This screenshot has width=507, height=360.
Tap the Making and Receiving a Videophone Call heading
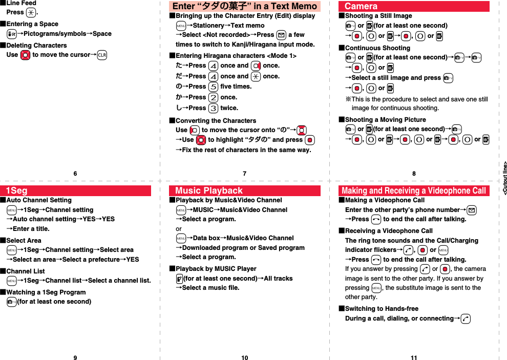click(413, 190)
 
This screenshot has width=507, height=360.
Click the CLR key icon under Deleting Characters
click(101, 55)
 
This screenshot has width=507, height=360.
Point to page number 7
click(245, 174)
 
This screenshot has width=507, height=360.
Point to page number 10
click(245, 357)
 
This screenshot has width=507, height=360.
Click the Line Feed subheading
click(21, 3)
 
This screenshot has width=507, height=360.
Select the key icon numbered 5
click(213, 87)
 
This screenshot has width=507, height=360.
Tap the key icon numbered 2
click(213, 97)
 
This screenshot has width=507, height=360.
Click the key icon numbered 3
click(213, 108)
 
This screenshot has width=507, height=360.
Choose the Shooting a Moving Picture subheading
click(385, 119)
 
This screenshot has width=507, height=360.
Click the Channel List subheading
click(25, 271)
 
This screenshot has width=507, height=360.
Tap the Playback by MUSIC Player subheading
click(216, 268)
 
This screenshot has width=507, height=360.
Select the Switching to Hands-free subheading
click(382, 308)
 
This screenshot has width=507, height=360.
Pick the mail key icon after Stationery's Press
click(281, 35)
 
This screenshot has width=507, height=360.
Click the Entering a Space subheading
click(32, 24)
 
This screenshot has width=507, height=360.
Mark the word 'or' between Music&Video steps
click(179, 228)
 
